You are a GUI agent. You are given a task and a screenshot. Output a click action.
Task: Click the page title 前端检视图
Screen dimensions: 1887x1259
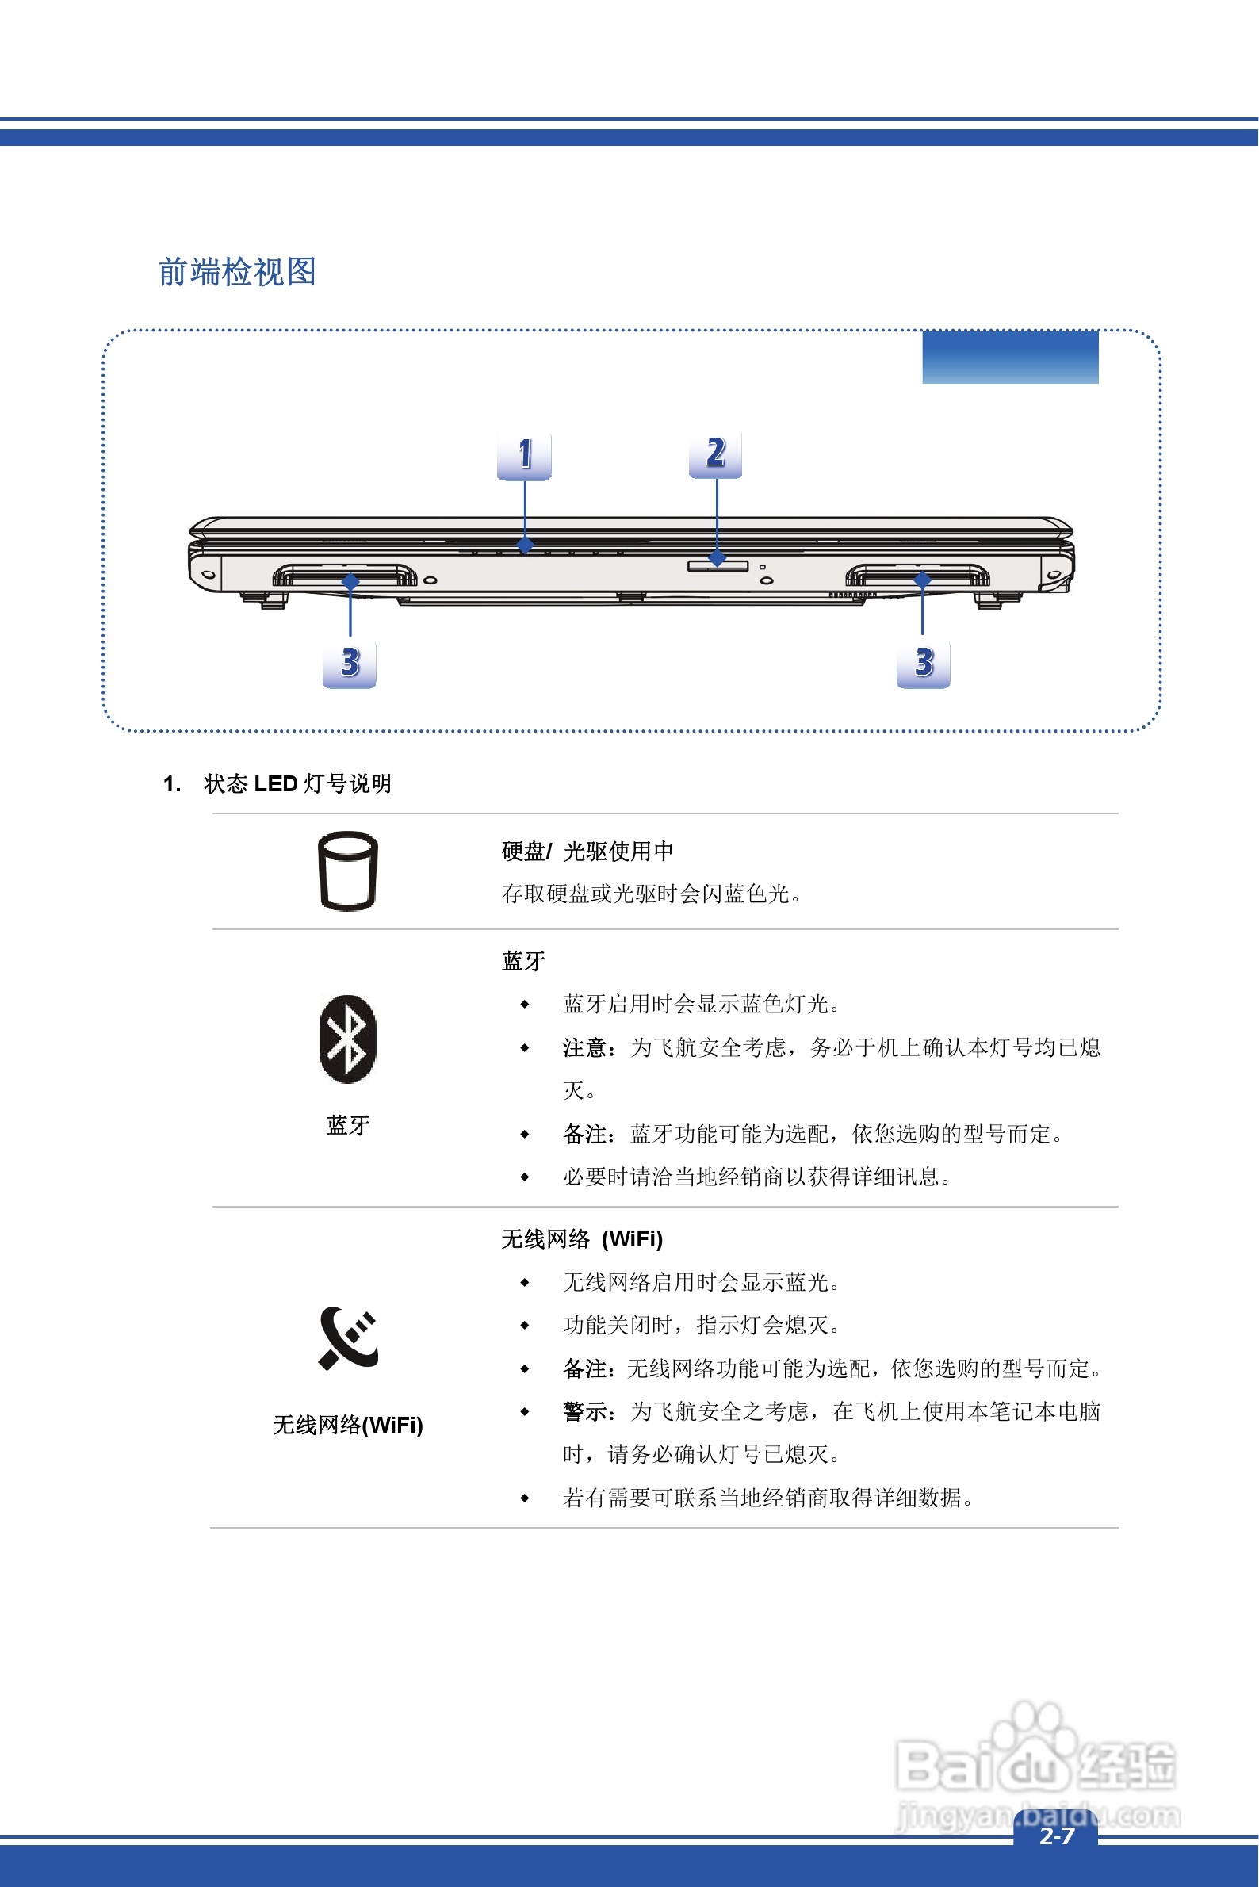(237, 272)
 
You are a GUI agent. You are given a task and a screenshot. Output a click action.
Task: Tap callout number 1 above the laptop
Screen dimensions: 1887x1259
(524, 455)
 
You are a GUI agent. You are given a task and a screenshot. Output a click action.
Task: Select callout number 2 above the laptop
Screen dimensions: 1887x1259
(715, 454)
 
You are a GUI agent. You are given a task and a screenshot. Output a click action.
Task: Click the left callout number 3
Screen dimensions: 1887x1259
(350, 664)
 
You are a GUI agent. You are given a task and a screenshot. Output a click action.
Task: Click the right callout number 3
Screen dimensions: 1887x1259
(924, 664)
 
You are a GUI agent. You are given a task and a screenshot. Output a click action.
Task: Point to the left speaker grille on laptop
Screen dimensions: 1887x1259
(344, 576)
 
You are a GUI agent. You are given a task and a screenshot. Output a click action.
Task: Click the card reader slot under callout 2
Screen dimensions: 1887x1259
(718, 566)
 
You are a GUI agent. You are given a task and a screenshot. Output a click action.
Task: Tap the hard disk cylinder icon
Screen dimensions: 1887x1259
(348, 871)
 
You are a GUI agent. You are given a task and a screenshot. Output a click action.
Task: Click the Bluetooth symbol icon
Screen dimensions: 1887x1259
(348, 1039)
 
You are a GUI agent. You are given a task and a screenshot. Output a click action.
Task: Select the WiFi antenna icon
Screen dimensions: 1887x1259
(348, 1338)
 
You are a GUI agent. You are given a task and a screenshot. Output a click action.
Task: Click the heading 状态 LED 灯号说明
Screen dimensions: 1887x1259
(297, 783)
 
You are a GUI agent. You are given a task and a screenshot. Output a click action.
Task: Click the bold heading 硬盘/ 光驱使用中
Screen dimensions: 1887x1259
(587, 852)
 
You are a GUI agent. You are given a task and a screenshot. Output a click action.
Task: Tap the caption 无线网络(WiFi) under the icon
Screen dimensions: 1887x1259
(348, 1426)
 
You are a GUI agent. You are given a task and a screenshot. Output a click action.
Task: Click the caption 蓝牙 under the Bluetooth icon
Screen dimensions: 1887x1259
(348, 1125)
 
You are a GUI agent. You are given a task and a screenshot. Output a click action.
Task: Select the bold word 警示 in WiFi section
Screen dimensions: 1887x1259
(584, 1411)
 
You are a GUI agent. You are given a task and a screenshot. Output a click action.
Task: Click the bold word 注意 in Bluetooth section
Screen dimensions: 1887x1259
(584, 1048)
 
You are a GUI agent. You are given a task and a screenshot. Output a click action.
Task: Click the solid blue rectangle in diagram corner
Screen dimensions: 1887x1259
(1010, 358)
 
